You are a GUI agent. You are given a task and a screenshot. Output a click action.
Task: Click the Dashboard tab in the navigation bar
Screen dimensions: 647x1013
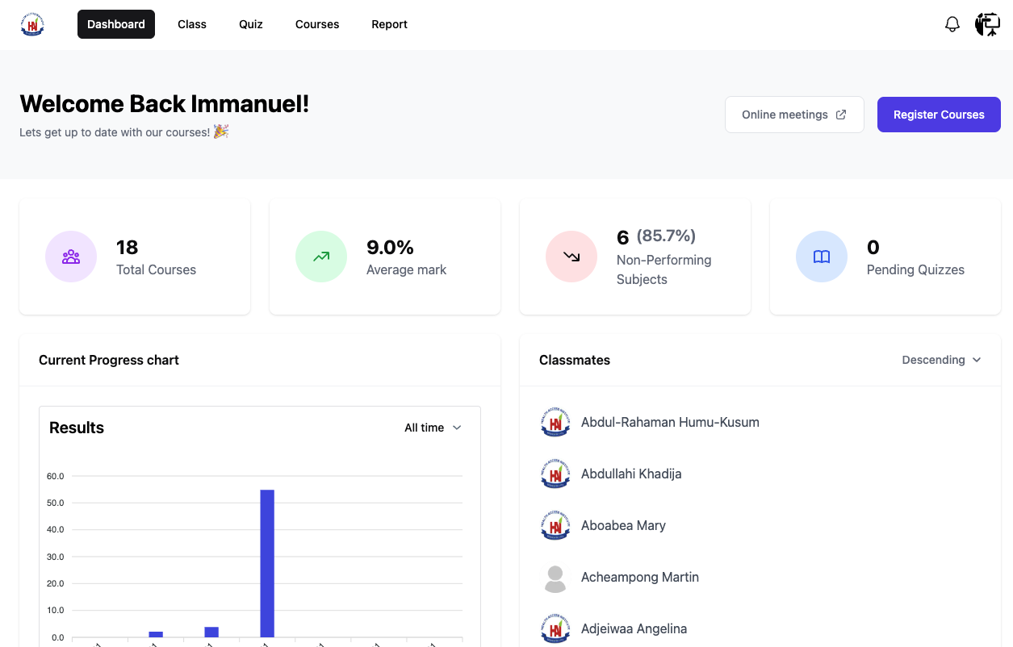pyautogui.click(x=116, y=24)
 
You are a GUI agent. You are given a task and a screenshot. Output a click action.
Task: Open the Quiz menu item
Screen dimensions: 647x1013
pyautogui.click(x=251, y=24)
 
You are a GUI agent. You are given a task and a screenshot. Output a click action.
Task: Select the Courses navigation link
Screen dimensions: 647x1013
pyautogui.click(x=317, y=24)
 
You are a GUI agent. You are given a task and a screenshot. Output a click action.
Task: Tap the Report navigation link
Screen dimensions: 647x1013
pyautogui.click(x=389, y=24)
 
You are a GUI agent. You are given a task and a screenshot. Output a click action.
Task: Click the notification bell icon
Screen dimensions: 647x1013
pyautogui.click(x=952, y=24)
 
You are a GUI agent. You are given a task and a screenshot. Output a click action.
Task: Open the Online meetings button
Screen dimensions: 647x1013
pyautogui.click(x=794, y=115)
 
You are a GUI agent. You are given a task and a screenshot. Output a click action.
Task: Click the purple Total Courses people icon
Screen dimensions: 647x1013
pyautogui.click(x=71, y=257)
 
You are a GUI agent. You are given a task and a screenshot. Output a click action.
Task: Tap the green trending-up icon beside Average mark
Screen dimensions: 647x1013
pyautogui.click(x=321, y=257)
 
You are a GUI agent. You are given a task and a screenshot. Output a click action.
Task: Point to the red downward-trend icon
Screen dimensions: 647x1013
pyautogui.click(x=571, y=257)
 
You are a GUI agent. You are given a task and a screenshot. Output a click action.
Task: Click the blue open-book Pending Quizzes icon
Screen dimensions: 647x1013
pyautogui.click(x=822, y=257)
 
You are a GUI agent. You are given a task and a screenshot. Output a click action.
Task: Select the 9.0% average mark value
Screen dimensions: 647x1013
pyautogui.click(x=390, y=247)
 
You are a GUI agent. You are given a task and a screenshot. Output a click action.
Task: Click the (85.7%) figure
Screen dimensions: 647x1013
pyautogui.click(x=666, y=236)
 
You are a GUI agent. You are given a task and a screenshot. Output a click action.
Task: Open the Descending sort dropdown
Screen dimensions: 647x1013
pyautogui.click(x=941, y=360)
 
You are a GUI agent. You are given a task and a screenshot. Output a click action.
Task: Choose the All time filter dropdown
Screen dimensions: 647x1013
pyautogui.click(x=433, y=428)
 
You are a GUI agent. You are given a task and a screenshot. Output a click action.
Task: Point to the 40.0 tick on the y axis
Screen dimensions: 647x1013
pyautogui.click(x=56, y=530)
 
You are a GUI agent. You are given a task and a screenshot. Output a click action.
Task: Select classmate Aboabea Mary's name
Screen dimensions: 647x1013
pyautogui.click(x=623, y=525)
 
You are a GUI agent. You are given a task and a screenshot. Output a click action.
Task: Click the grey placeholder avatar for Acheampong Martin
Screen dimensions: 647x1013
pyautogui.click(x=555, y=578)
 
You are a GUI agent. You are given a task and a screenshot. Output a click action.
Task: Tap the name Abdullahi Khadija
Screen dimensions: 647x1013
pyautogui.click(x=631, y=474)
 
